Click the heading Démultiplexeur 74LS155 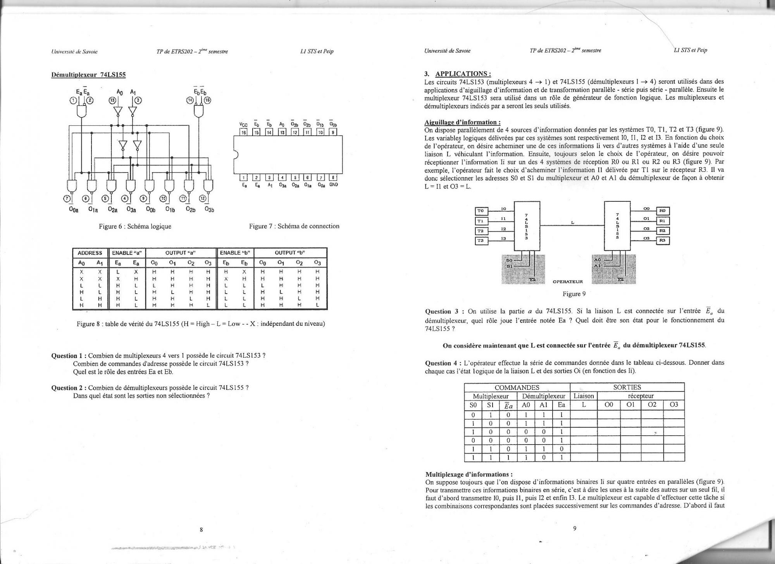[x=88, y=74]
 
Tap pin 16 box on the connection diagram [x=244, y=132]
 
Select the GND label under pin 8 [x=334, y=185]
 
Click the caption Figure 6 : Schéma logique [x=135, y=226]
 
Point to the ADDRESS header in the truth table [x=90, y=253]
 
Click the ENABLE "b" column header [x=235, y=253]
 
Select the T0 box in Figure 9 [x=481, y=211]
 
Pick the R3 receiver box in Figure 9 [x=663, y=240]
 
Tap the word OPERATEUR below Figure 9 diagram [x=568, y=281]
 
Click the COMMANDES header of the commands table [x=517, y=387]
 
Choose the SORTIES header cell [x=627, y=387]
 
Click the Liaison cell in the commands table [x=584, y=396]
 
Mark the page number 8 [x=201, y=529]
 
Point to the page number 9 [x=575, y=528]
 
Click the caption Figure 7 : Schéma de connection [x=294, y=226]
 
